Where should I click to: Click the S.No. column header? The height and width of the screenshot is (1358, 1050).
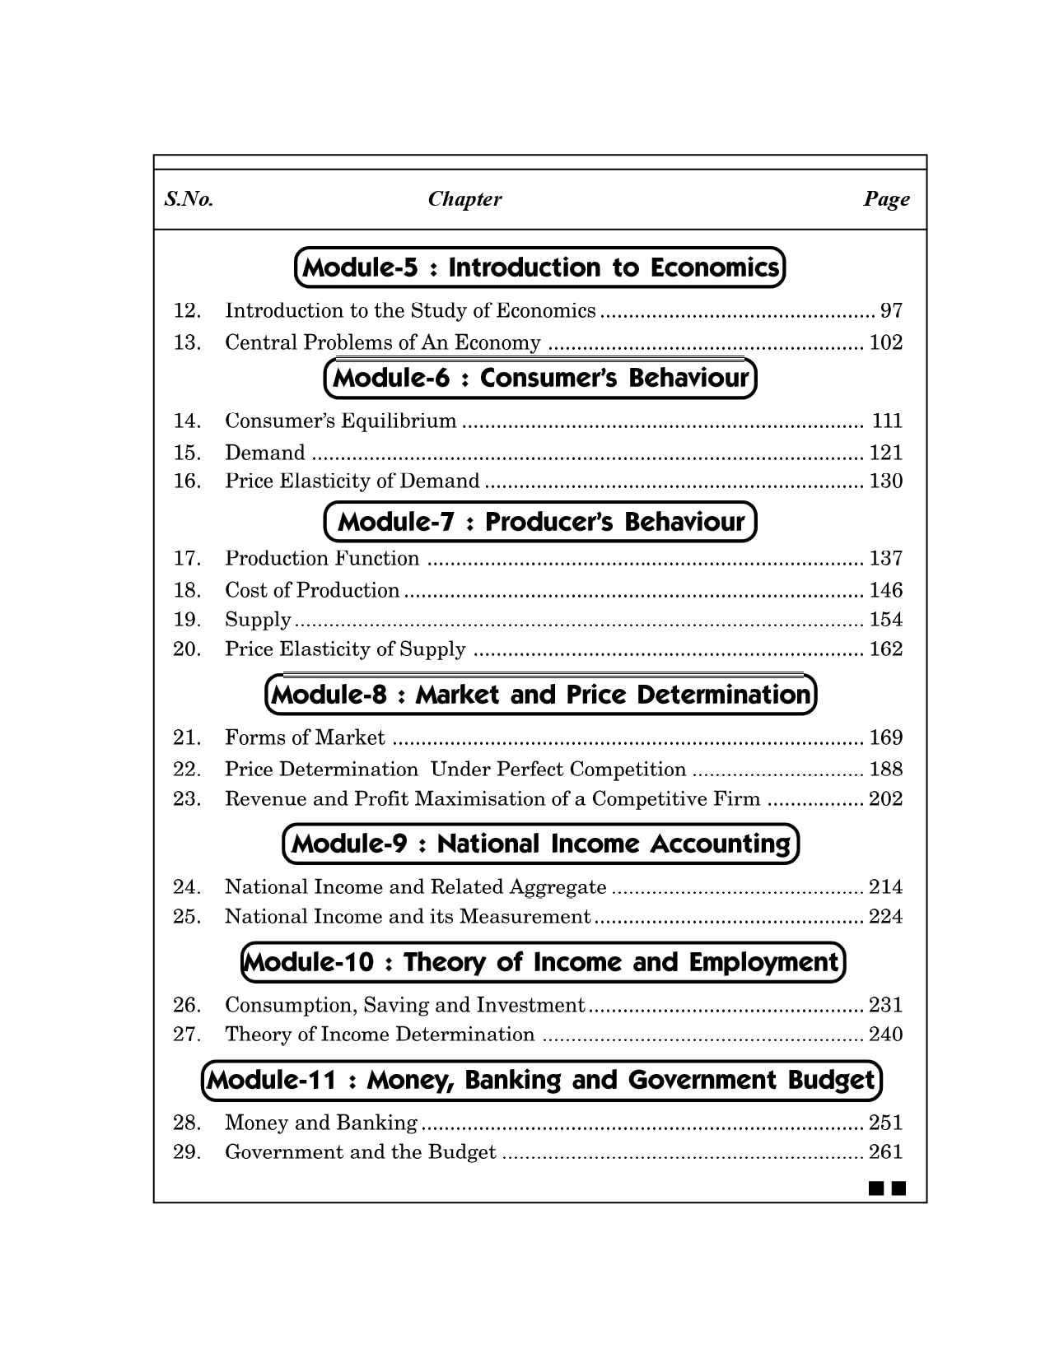click(189, 199)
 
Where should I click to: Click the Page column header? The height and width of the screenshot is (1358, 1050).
click(886, 199)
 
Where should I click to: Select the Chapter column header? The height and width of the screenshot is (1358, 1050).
click(464, 199)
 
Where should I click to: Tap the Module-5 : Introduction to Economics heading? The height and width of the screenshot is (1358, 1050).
click(539, 267)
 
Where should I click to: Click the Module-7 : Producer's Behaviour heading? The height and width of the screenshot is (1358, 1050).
click(540, 522)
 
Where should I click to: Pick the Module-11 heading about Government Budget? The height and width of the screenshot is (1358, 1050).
click(541, 1080)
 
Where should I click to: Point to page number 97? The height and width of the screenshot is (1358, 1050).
click(891, 311)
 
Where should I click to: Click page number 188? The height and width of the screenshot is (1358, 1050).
click(885, 770)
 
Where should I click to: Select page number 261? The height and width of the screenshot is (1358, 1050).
click(885, 1152)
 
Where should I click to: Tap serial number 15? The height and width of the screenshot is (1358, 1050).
click(187, 453)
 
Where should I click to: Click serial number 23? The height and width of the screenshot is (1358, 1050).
click(187, 799)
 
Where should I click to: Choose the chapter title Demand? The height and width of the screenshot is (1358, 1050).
click(265, 453)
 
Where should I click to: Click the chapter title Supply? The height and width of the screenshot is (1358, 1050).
click(258, 620)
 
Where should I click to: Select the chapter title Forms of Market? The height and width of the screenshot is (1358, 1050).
click(305, 737)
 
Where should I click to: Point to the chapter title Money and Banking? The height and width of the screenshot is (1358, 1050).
click(321, 1123)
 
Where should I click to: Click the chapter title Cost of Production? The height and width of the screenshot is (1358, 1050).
click(312, 590)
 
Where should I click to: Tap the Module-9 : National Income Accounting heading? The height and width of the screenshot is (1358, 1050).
click(540, 844)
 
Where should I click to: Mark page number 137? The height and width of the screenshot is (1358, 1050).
click(885, 559)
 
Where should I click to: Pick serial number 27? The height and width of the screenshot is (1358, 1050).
click(187, 1035)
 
